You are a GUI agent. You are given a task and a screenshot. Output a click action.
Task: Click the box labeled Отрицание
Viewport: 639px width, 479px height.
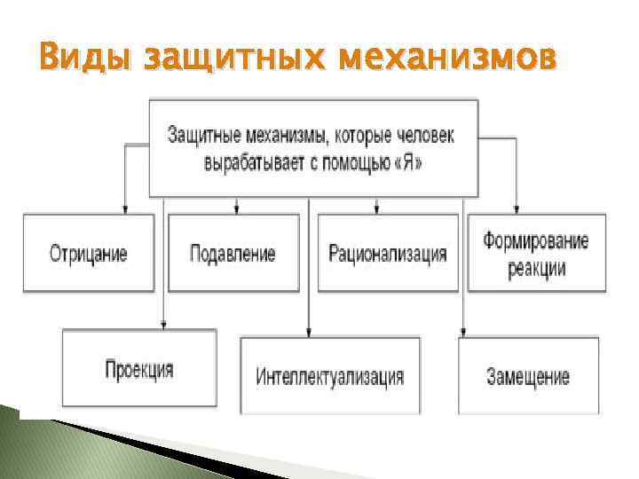pyautogui.click(x=88, y=254)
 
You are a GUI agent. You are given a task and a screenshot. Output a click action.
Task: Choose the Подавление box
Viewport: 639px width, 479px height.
pyautogui.click(x=233, y=254)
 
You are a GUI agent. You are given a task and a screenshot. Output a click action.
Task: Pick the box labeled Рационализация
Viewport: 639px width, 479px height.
pyautogui.click(x=387, y=254)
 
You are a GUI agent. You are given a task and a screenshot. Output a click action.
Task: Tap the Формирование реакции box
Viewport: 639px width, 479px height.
pyautogui.click(x=536, y=254)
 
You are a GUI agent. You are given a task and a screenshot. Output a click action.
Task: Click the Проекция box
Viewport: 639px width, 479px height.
pyautogui.click(x=138, y=370)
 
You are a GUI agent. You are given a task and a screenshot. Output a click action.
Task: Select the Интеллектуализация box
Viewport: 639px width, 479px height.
pyautogui.click(x=329, y=376)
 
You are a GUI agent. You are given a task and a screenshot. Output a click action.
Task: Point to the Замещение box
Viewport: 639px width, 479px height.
pyautogui.click(x=528, y=376)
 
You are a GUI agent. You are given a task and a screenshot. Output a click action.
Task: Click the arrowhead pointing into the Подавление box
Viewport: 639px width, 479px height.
pyautogui.click(x=236, y=209)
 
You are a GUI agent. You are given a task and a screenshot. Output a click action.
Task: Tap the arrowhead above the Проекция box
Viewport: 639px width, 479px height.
pyautogui.click(x=162, y=325)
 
